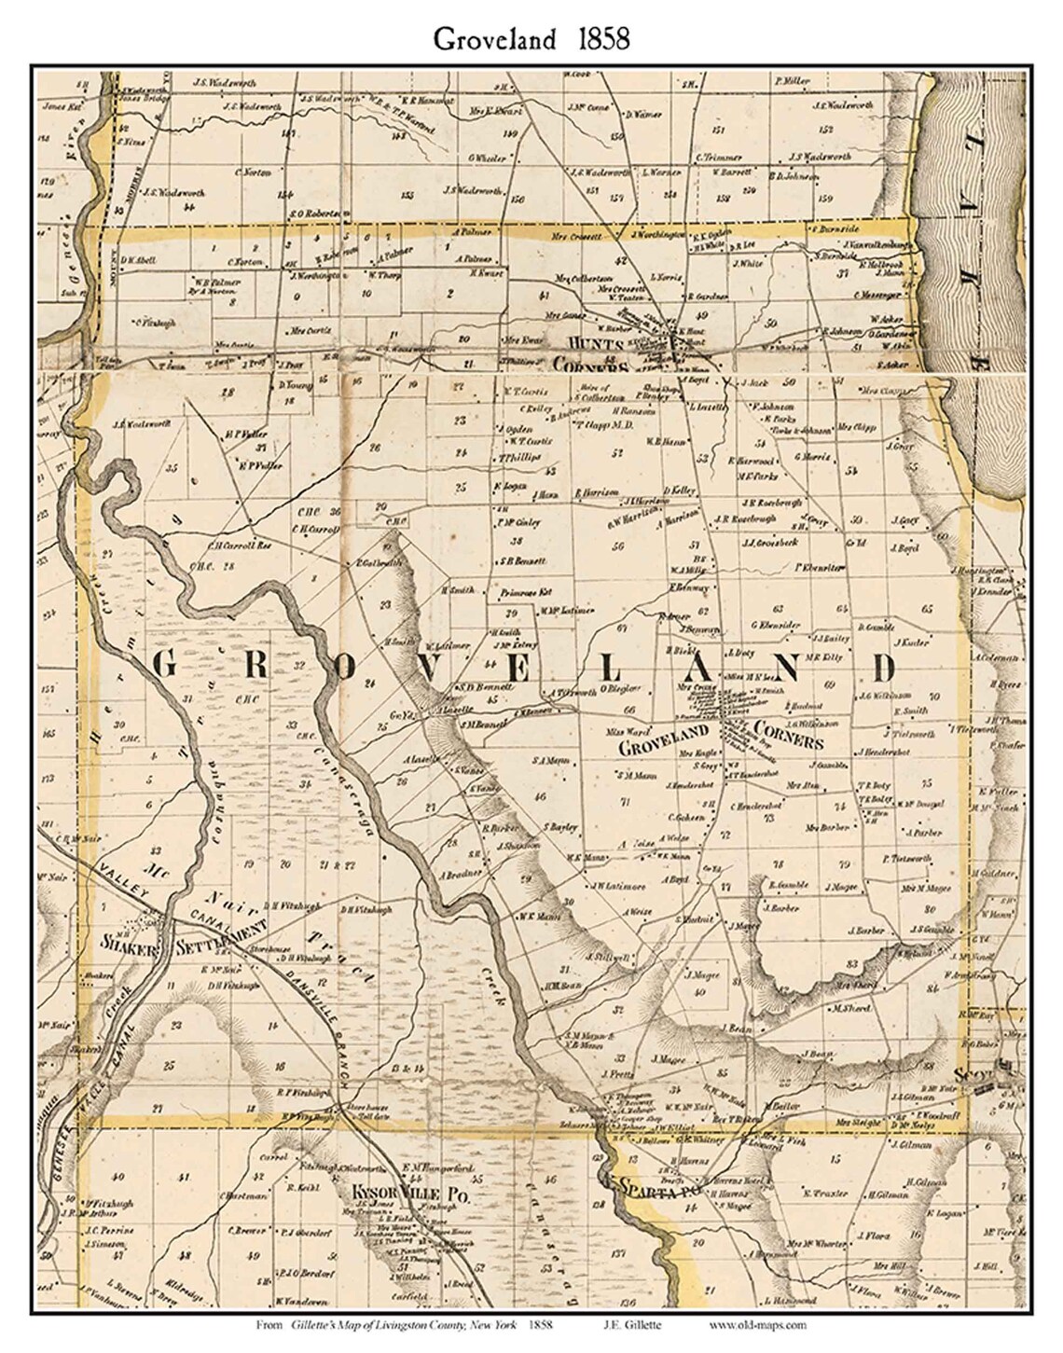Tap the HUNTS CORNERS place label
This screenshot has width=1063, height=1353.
592,354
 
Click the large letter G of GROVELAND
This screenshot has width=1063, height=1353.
164,666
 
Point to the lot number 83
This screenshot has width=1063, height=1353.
850,962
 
